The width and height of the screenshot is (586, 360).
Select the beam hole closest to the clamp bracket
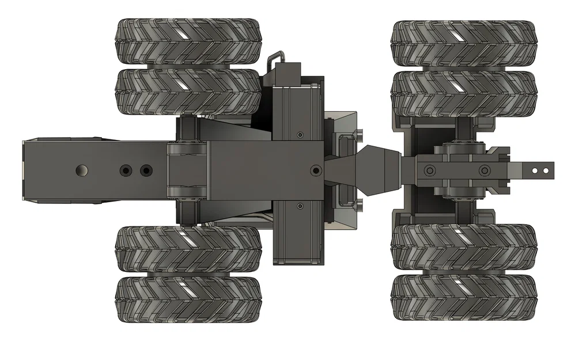click(x=146, y=171)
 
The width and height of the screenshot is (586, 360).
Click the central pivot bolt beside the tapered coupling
click(x=315, y=170)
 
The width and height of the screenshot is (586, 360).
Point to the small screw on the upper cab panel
click(x=300, y=135)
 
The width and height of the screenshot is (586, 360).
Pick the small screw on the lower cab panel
click(x=299, y=206)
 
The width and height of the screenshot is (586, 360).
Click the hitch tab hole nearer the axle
click(x=535, y=170)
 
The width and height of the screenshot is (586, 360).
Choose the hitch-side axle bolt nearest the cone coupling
click(x=429, y=170)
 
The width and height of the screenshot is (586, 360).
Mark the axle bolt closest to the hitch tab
click(x=484, y=170)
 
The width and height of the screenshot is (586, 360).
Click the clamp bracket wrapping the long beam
click(x=187, y=170)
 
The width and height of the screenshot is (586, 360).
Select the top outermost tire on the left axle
click(x=187, y=41)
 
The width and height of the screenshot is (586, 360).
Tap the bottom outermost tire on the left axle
click(x=187, y=299)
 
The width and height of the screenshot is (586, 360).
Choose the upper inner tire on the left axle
click(x=187, y=92)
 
